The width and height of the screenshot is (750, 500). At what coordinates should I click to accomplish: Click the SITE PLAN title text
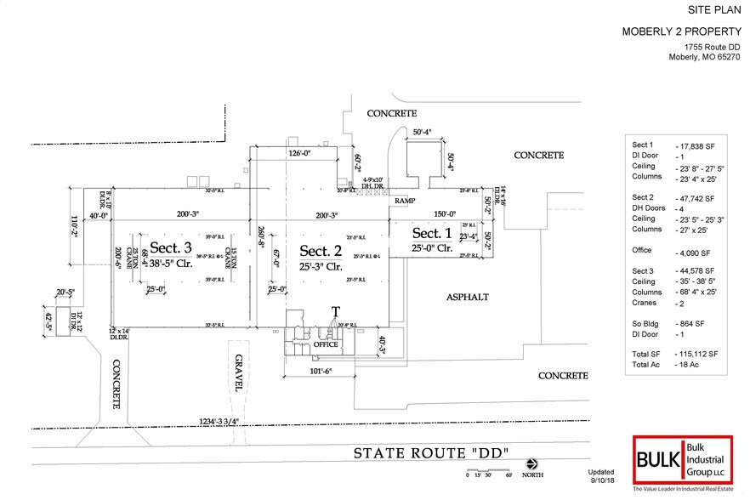click(713, 10)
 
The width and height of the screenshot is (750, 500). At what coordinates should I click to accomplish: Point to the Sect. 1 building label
click(432, 233)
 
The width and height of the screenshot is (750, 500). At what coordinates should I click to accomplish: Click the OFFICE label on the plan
click(327, 344)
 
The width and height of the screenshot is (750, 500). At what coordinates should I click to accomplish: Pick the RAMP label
click(404, 201)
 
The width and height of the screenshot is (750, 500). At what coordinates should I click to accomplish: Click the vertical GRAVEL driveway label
click(240, 372)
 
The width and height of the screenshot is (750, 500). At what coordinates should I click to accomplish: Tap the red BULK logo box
click(657, 460)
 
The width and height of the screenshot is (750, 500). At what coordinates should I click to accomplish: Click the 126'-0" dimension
click(292, 154)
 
